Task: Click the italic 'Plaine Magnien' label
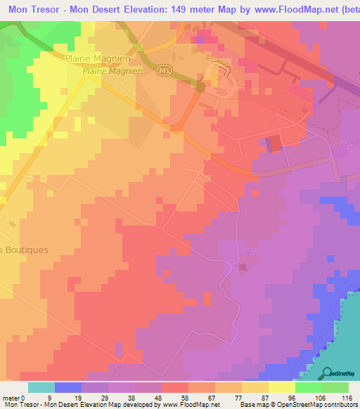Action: click(112, 71)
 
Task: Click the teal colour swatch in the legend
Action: click(41, 387)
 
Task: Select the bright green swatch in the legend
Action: click(308, 387)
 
